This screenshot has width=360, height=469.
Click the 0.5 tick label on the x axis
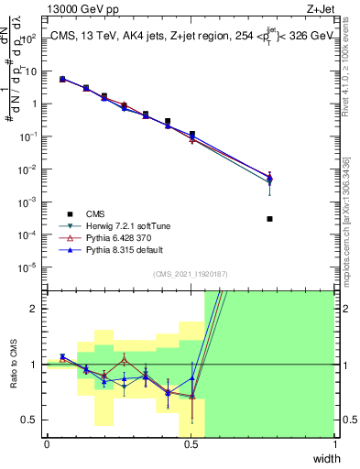(x=191, y=444)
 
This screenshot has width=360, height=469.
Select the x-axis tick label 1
(x=334, y=444)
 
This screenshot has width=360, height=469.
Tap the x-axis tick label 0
(x=47, y=444)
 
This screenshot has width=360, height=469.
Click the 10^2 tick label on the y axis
(x=28, y=38)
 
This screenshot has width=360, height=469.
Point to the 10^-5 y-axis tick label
(x=28, y=267)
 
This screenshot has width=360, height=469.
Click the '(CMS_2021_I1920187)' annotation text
(x=191, y=275)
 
